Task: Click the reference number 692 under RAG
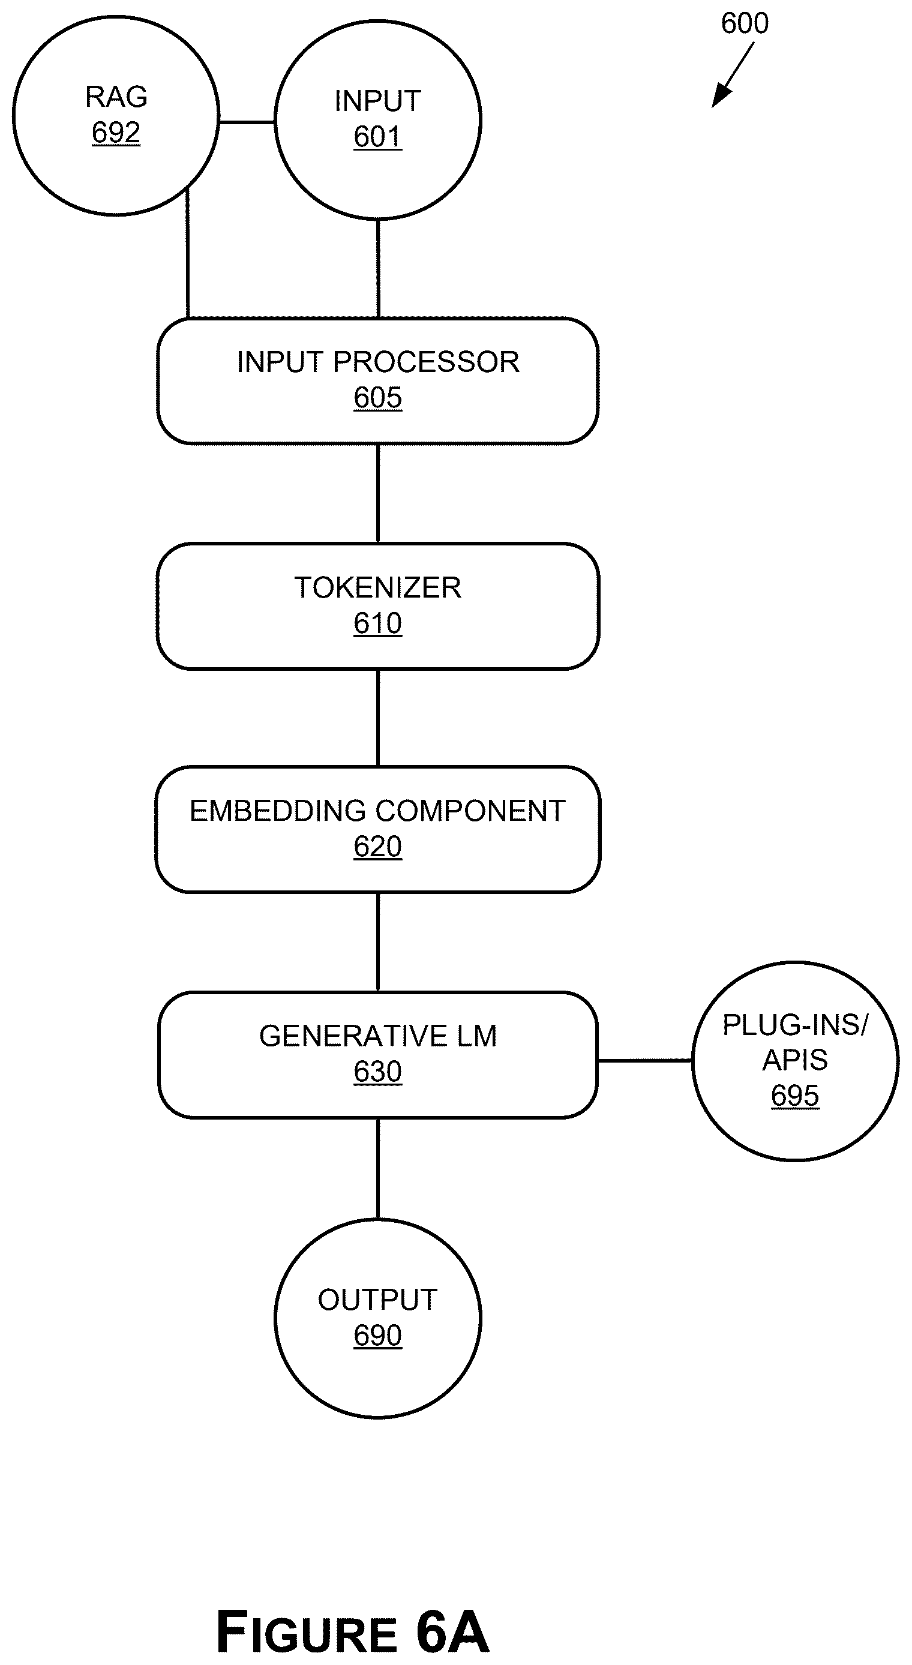point(116,133)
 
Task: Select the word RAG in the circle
point(116,97)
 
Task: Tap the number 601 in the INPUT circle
point(378,137)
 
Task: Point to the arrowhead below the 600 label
point(721,97)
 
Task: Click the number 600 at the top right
point(745,23)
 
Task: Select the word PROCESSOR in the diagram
point(426,362)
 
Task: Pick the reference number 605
point(378,398)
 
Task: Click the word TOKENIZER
point(378,587)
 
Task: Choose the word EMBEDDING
point(278,811)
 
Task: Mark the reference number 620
point(378,847)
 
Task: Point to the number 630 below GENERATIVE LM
point(378,1072)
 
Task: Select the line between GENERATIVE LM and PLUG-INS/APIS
point(645,1060)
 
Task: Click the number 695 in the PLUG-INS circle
point(795,1096)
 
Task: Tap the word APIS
point(795,1060)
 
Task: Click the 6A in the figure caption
point(452,1631)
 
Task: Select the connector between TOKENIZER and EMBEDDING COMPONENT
point(378,718)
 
